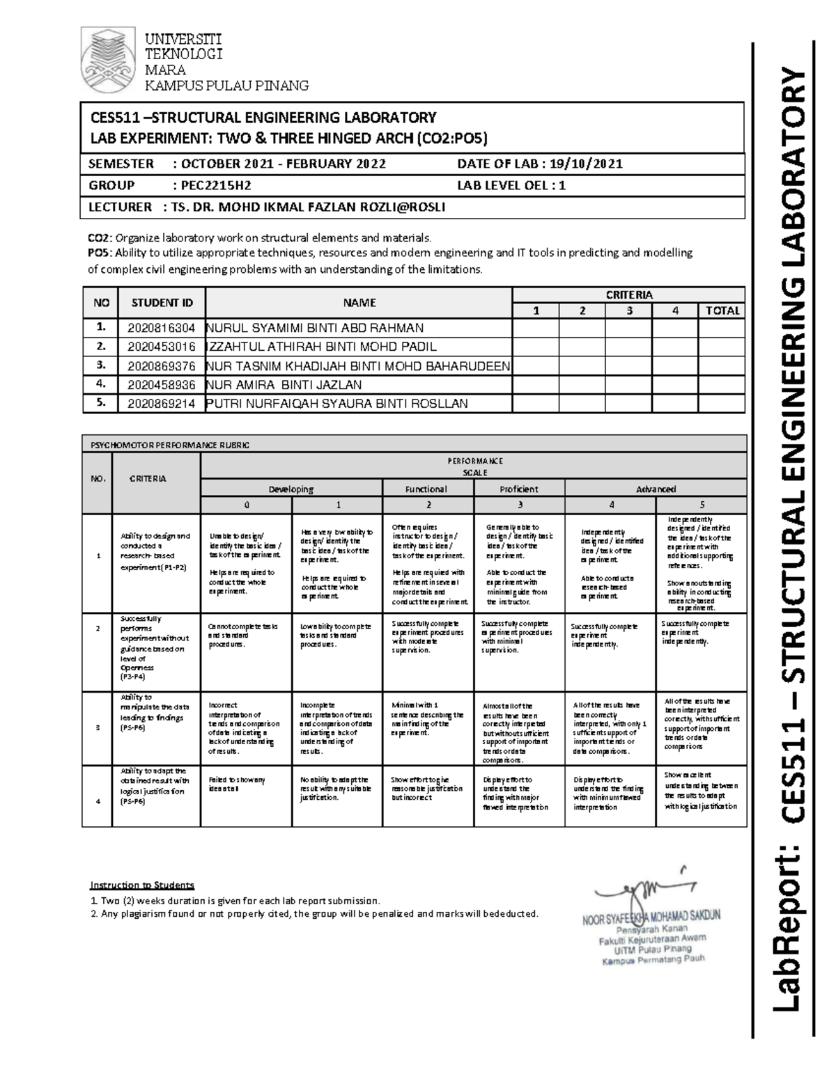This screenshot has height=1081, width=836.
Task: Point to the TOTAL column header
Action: tap(722, 311)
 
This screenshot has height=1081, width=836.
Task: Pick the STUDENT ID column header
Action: tap(162, 303)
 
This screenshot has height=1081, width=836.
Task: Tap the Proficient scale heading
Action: tap(519, 489)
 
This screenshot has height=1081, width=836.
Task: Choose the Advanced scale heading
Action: tap(656, 489)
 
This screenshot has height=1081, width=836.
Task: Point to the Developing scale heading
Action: tap(291, 489)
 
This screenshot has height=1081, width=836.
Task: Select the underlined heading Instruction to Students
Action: tap(141, 885)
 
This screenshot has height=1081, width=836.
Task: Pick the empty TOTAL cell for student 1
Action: tap(722, 328)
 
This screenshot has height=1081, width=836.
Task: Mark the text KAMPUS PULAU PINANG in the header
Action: tap(226, 86)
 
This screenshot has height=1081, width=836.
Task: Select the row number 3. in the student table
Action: tap(102, 365)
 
